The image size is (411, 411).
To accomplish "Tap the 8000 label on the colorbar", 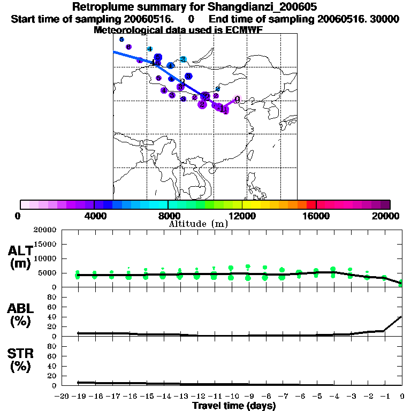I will pyautogui.click(x=168, y=216).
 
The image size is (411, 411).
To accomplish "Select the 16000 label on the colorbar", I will pyautogui.click(x=316, y=216).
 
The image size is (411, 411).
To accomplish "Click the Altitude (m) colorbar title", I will pyautogui.click(x=198, y=224).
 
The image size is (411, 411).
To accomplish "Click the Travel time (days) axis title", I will pyautogui.click(x=234, y=406).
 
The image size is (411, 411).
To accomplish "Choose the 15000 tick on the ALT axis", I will pyautogui.click(x=45, y=244).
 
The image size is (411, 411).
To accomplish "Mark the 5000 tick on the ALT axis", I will pyautogui.click(x=48, y=273).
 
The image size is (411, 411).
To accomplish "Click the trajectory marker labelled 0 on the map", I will pyautogui.click(x=237, y=99).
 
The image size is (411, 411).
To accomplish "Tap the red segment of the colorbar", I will pyautogui.click(x=311, y=204).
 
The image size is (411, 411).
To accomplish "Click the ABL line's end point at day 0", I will pyautogui.click(x=402, y=316).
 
